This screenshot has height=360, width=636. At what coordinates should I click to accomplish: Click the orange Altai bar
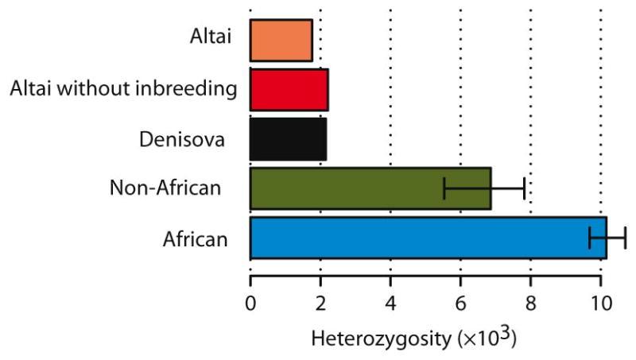tap(281, 41)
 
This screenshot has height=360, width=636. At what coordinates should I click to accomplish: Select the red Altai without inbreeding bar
tap(289, 90)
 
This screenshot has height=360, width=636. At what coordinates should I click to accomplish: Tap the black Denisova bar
tap(288, 138)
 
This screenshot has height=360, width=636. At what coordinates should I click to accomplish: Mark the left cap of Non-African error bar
tap(444, 188)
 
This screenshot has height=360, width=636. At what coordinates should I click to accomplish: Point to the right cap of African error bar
tap(626, 238)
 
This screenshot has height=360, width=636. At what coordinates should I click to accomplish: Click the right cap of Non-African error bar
tap(524, 188)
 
